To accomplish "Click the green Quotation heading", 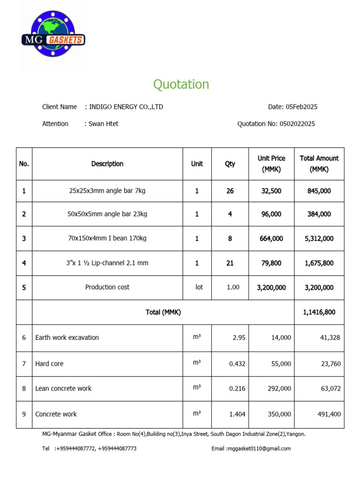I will (181, 84).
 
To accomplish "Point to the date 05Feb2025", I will (301, 107).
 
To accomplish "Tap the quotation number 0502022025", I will (297, 124).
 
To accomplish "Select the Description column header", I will (107, 164).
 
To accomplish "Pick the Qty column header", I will (230, 164).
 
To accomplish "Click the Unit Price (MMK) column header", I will (271, 164).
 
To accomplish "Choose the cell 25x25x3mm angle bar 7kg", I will (107, 191).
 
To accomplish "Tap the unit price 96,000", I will (271, 214).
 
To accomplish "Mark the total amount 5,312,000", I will (319, 239).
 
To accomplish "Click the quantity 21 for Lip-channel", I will (230, 263).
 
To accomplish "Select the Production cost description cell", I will (107, 287).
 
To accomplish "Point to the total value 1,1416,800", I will (319, 312).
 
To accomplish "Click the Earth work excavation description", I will (67, 337).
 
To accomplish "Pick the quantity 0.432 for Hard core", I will (237, 364).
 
